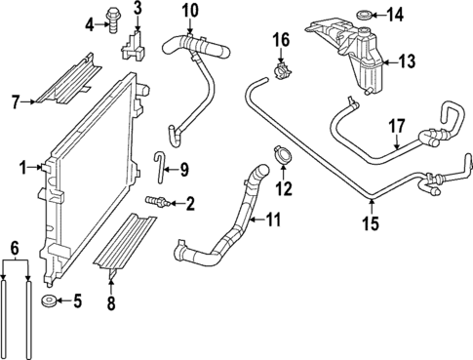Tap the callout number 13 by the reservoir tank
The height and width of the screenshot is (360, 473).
click(406, 60)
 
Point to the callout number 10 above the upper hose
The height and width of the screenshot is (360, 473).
click(189, 10)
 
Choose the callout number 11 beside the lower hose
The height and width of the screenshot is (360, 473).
click(272, 220)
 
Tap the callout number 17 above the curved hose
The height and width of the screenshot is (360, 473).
click(397, 126)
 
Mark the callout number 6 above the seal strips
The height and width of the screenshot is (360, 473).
click(14, 248)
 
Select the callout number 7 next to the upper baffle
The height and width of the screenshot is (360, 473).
click(15, 99)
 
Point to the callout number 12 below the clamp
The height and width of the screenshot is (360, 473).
click(285, 188)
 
